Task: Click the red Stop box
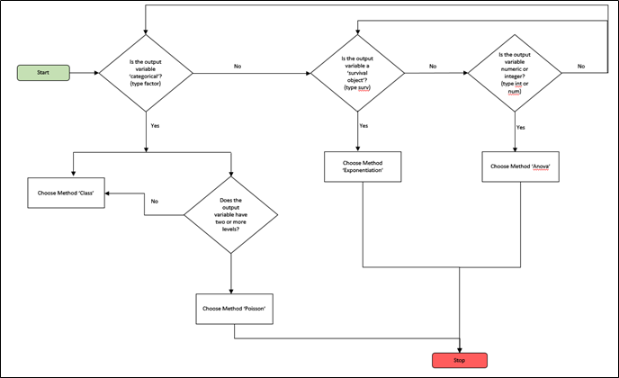[460, 360]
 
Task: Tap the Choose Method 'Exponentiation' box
[363, 166]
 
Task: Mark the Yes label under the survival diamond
[363, 126]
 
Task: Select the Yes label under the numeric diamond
[520, 127]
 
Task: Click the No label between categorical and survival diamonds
[238, 66]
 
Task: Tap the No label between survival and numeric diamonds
[433, 66]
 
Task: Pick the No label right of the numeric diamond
[580, 66]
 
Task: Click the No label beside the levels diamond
[156, 201]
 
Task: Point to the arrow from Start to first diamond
[85, 71]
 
